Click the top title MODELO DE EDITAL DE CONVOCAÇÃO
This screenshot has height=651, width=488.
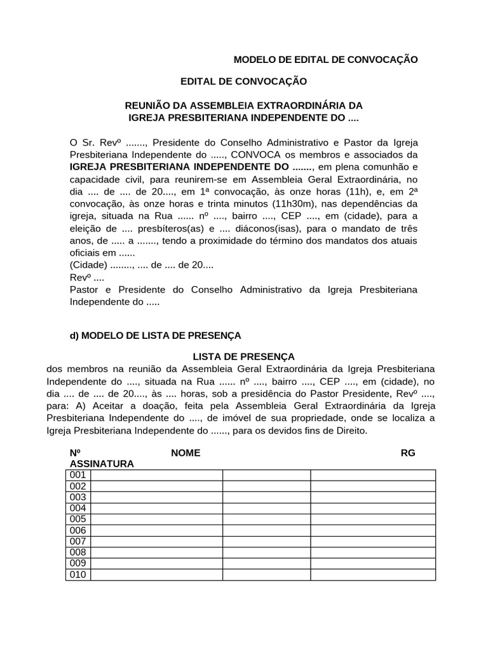pos(326,60)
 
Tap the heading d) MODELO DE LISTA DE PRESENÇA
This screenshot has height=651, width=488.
pos(155,335)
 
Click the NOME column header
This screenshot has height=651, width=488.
pos(186,453)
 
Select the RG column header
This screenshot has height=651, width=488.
pos(407,453)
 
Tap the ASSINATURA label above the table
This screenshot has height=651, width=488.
pos(102,464)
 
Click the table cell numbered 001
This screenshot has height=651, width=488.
pos(78,476)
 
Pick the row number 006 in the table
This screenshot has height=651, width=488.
pos(78,531)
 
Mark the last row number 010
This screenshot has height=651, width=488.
pos(78,575)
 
